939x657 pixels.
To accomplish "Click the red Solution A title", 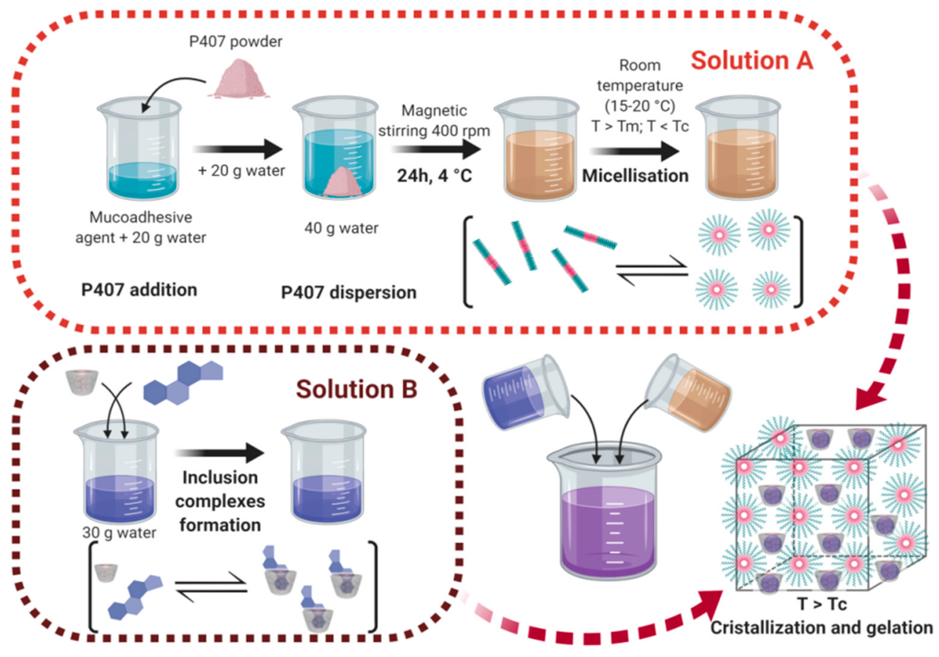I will point(752,61).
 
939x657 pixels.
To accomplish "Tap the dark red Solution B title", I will point(356,389).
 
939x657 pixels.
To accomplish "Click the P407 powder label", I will point(236,42).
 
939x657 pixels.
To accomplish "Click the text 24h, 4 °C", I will point(434,176).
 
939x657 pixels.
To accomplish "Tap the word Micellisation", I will point(635,176).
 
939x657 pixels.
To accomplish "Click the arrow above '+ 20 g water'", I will point(238,149).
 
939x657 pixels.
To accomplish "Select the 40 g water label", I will point(341,228).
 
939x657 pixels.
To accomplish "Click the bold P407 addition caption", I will point(139,290).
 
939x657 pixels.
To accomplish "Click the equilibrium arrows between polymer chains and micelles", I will point(652,270).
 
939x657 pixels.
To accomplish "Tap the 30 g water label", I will point(119,533).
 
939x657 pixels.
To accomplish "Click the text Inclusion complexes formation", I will point(220,501).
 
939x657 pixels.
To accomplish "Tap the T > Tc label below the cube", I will point(822,604).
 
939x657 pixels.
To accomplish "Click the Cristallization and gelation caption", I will point(821,627).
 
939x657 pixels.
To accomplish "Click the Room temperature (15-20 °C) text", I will point(640,86).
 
